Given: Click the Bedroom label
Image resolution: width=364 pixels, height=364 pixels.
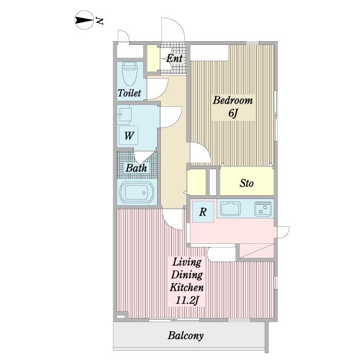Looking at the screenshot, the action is [233, 100].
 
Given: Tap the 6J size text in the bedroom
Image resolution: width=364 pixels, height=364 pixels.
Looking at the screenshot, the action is [234, 113].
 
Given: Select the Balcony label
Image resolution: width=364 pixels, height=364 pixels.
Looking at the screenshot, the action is [186, 335].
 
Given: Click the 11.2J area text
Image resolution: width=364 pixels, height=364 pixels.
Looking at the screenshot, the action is [187, 301].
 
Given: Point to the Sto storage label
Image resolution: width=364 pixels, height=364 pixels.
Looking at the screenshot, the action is [246, 183].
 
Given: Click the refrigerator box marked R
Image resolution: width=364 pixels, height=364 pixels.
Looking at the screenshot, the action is [203, 212].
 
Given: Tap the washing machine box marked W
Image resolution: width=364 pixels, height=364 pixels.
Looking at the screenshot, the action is [129, 135].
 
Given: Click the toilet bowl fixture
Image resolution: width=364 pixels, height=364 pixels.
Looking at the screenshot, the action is [130, 73].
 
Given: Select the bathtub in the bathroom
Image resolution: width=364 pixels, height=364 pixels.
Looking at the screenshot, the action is [136, 192].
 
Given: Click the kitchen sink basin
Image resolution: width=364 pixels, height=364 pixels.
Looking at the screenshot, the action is [231, 209].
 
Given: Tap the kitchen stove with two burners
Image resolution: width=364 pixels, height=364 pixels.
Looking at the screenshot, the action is [263, 209].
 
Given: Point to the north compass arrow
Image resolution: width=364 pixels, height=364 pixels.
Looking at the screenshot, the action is [84, 20].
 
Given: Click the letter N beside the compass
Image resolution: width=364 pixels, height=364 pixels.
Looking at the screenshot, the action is [100, 21].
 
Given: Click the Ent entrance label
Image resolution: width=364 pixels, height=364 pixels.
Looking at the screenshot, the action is [174, 58].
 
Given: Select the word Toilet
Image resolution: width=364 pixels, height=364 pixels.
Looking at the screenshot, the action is [129, 93].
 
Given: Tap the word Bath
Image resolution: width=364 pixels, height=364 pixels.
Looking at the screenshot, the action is [136, 168].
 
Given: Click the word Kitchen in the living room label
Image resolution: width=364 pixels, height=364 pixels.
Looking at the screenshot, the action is [187, 288].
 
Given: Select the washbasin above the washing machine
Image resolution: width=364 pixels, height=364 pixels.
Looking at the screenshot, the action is [124, 115].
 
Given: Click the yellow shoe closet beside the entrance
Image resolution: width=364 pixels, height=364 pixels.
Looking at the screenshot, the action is [152, 58].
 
